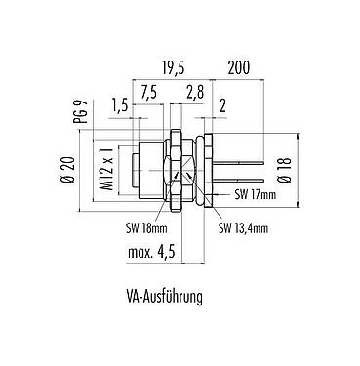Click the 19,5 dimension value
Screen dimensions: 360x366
(x=173, y=68)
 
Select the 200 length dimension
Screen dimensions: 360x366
(x=239, y=67)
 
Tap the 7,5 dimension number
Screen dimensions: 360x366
(x=148, y=93)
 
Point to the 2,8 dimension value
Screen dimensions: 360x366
(x=195, y=93)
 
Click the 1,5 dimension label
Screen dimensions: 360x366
(x=119, y=106)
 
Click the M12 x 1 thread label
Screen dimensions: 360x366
(x=106, y=169)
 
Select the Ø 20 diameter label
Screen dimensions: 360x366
(x=68, y=170)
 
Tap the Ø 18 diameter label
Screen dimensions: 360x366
(x=286, y=170)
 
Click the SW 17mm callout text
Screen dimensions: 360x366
(x=255, y=194)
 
